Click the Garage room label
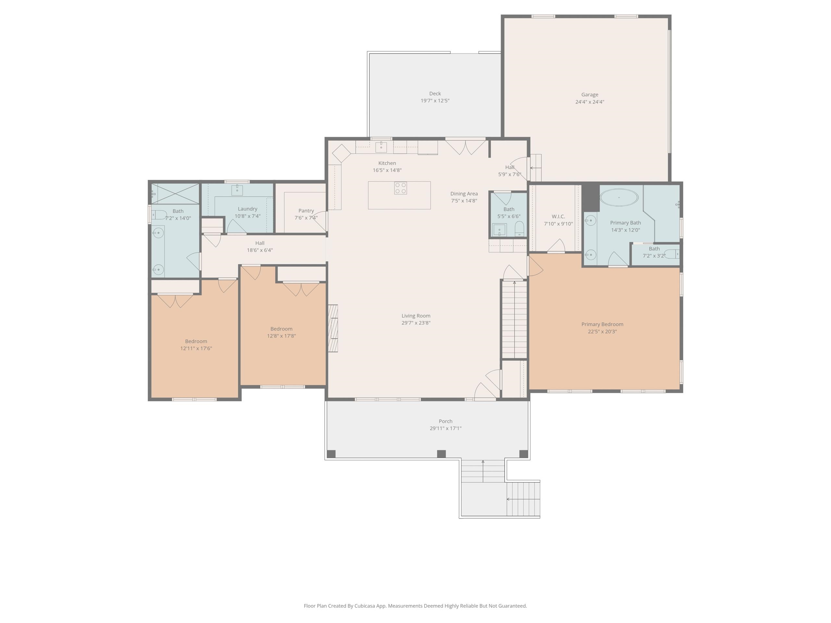point(589,95)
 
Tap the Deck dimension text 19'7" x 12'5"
point(435,101)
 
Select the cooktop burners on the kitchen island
point(400,188)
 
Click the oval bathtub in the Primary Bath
point(619,197)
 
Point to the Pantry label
point(306,211)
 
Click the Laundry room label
point(247,209)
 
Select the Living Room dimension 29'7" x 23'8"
point(415,323)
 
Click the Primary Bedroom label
point(602,324)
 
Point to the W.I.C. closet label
point(558,217)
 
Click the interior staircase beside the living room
point(514,319)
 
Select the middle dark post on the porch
point(441,454)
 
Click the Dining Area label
point(464,194)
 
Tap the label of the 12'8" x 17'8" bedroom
point(281,329)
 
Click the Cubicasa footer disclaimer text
point(415,606)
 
